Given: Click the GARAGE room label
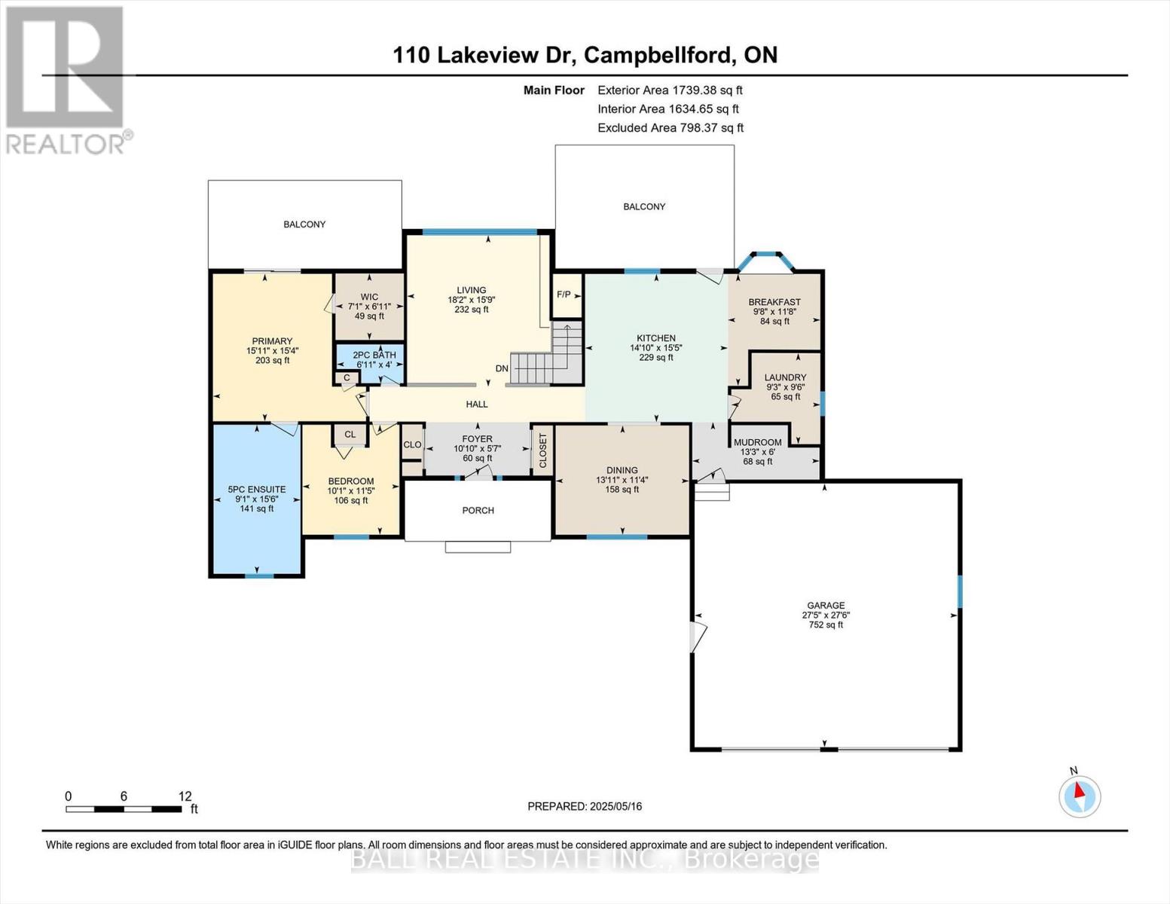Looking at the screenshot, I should coord(826,606).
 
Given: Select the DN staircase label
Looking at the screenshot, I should coord(502,368).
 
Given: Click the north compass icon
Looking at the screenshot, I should coord(1080,796).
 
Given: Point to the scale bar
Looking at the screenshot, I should coord(124,809).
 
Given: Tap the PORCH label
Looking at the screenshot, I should coord(478,511).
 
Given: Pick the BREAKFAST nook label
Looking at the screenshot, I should coord(774,302).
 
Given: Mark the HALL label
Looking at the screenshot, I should coord(477,405).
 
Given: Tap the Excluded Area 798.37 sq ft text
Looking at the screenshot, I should coord(670,128).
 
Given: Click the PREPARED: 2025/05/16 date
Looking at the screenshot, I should coord(585,806).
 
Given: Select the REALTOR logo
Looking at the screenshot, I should coord(66,79).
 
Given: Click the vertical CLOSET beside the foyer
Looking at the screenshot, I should coord(542,450).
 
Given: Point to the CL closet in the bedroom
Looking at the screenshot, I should coord(350,435).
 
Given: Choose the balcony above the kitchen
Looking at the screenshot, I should coord(644,206).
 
